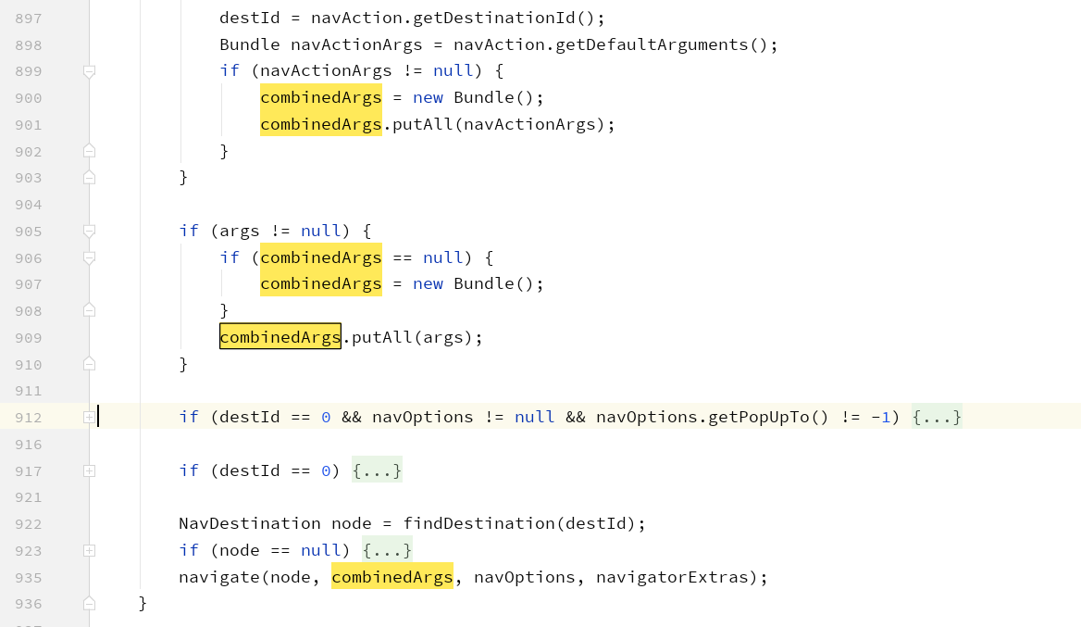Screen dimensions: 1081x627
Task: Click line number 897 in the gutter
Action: [x=29, y=18]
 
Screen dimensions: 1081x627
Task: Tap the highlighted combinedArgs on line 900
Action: [x=320, y=97]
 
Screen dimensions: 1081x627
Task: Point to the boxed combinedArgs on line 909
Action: [x=280, y=337]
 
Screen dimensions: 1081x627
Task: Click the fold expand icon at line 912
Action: [x=89, y=418]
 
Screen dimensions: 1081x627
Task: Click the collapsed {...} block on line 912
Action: [x=937, y=418]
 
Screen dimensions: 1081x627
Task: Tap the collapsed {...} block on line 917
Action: [x=377, y=470]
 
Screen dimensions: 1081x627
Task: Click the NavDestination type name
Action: [x=250, y=524]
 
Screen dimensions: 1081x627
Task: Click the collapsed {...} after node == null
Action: [x=387, y=550]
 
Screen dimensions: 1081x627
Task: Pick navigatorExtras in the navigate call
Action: [x=672, y=578]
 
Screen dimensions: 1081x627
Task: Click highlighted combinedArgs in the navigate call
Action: [x=391, y=578]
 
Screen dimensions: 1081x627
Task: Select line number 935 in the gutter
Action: [x=29, y=578]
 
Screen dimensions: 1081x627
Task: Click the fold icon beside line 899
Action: [x=89, y=71]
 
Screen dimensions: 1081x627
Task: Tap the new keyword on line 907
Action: [x=428, y=284]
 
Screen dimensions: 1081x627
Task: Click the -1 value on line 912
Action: [x=880, y=418]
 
